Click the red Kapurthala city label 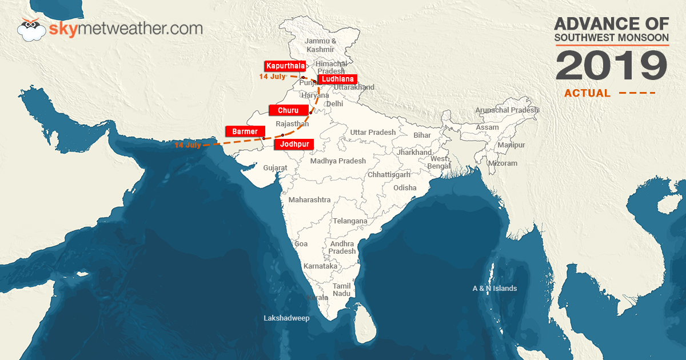point(285,66)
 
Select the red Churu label point(289,110)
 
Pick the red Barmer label point(246,131)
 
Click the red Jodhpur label point(294,145)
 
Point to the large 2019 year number point(611,66)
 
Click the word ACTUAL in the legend point(587,93)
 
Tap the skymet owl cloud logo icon point(32,30)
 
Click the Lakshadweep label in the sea point(286,318)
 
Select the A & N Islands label point(494,289)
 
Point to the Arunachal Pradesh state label point(507,110)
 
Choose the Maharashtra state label point(309,200)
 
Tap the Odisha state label point(405,187)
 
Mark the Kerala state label point(318,298)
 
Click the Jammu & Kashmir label point(320,45)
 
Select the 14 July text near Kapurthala point(272,77)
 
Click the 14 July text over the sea point(188,145)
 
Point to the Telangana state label point(350,221)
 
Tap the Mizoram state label point(502,163)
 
